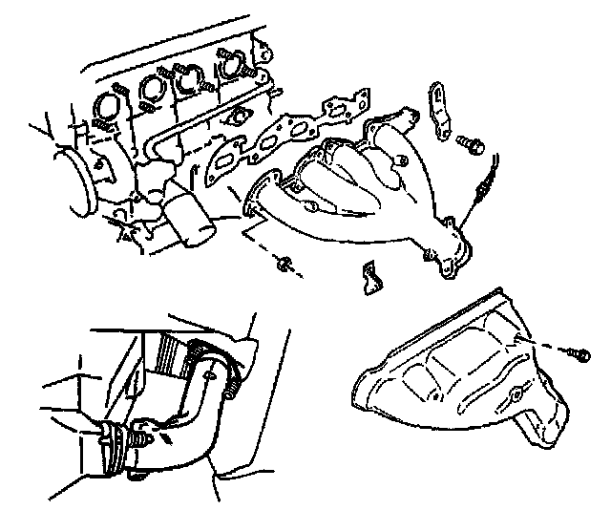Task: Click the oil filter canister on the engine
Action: pos(189,217)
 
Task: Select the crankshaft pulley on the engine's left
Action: pos(78,176)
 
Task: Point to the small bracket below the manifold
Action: pos(370,278)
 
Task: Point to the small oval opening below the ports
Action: pos(236,118)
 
